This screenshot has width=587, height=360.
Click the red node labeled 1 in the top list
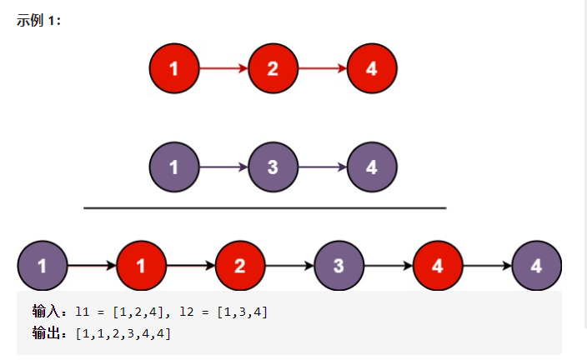(173, 68)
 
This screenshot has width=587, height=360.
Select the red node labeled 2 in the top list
(273, 68)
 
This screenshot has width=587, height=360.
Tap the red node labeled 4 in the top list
(372, 68)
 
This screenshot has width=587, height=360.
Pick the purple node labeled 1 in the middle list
(173, 167)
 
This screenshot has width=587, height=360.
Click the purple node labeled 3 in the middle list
(273, 167)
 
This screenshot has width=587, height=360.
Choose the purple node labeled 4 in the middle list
(372, 167)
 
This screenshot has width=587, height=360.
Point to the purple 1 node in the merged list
(42, 266)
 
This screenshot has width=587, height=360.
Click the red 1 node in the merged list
(141, 266)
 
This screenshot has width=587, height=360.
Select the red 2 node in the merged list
(240, 266)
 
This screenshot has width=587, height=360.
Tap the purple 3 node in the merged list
(339, 266)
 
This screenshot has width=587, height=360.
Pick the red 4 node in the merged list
(438, 266)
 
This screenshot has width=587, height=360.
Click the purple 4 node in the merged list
(537, 266)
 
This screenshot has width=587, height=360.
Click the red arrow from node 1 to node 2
(223, 68)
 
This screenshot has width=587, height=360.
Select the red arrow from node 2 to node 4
(322, 68)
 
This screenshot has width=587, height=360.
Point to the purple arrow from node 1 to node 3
(223, 167)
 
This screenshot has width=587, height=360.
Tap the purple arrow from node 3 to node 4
(322, 167)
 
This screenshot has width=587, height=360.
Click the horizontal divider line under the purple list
(265, 207)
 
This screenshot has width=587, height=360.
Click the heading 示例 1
(38, 21)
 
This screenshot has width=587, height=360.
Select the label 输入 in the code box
(47, 312)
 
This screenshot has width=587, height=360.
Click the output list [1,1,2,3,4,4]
(123, 334)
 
